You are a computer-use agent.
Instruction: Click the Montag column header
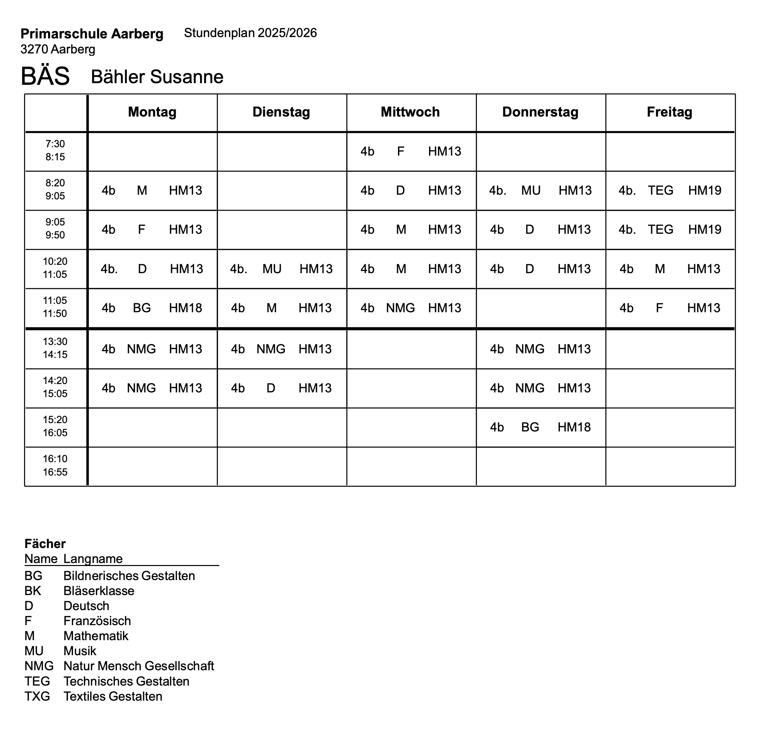tap(152, 112)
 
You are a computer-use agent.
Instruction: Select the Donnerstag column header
tap(540, 112)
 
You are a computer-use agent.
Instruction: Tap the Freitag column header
tap(670, 112)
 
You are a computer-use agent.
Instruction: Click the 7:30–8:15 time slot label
tap(55, 151)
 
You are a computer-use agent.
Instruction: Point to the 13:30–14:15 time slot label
tap(55, 348)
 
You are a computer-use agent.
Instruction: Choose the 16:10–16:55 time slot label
tap(55, 466)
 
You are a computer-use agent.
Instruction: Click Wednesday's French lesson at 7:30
tap(411, 151)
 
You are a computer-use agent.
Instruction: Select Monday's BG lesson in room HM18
tap(152, 308)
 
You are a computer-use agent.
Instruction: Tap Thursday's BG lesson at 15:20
tap(540, 427)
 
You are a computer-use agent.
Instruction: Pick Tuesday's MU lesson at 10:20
tap(281, 269)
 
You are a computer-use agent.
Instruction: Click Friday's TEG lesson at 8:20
tap(670, 190)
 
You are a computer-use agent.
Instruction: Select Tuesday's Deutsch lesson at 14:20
tap(281, 388)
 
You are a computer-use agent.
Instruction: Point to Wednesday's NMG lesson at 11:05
tap(411, 308)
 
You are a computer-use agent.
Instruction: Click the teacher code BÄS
tap(45, 76)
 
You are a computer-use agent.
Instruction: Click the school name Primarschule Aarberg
tap(92, 34)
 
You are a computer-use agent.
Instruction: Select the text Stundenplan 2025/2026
tap(250, 33)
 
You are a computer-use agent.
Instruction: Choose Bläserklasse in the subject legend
tap(99, 591)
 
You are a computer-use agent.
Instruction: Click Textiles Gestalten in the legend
tap(113, 696)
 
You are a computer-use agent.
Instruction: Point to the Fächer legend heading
tap(45, 544)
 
